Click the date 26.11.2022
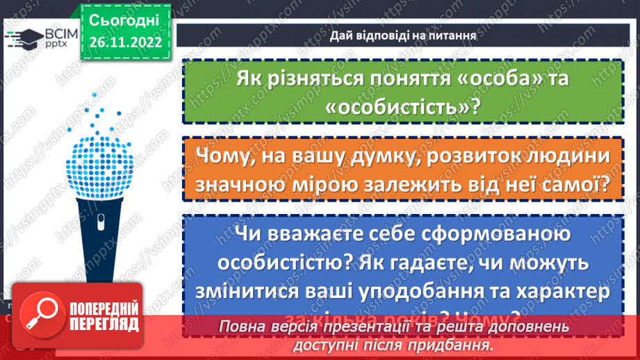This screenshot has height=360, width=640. click(125, 41)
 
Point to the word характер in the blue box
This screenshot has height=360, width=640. click(552, 291)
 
